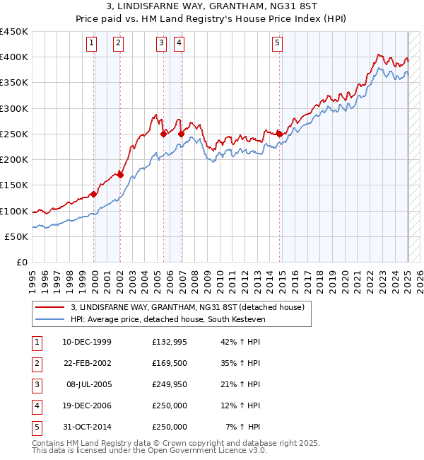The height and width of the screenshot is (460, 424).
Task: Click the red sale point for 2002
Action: coord(120,175)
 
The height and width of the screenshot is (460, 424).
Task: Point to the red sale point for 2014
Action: coord(279,134)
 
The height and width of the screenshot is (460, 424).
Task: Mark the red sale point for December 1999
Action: coord(93,194)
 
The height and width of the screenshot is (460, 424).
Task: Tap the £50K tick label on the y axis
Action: coord(16,236)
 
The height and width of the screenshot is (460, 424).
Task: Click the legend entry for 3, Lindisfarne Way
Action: coord(187,307)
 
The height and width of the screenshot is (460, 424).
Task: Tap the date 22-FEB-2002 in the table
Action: coord(87,363)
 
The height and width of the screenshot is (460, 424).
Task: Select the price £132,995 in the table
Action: coord(170,342)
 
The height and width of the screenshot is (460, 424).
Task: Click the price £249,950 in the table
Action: coord(170,384)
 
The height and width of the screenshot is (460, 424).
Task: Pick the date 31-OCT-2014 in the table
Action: coord(87,427)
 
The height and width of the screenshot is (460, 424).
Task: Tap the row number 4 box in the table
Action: coord(35,406)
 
